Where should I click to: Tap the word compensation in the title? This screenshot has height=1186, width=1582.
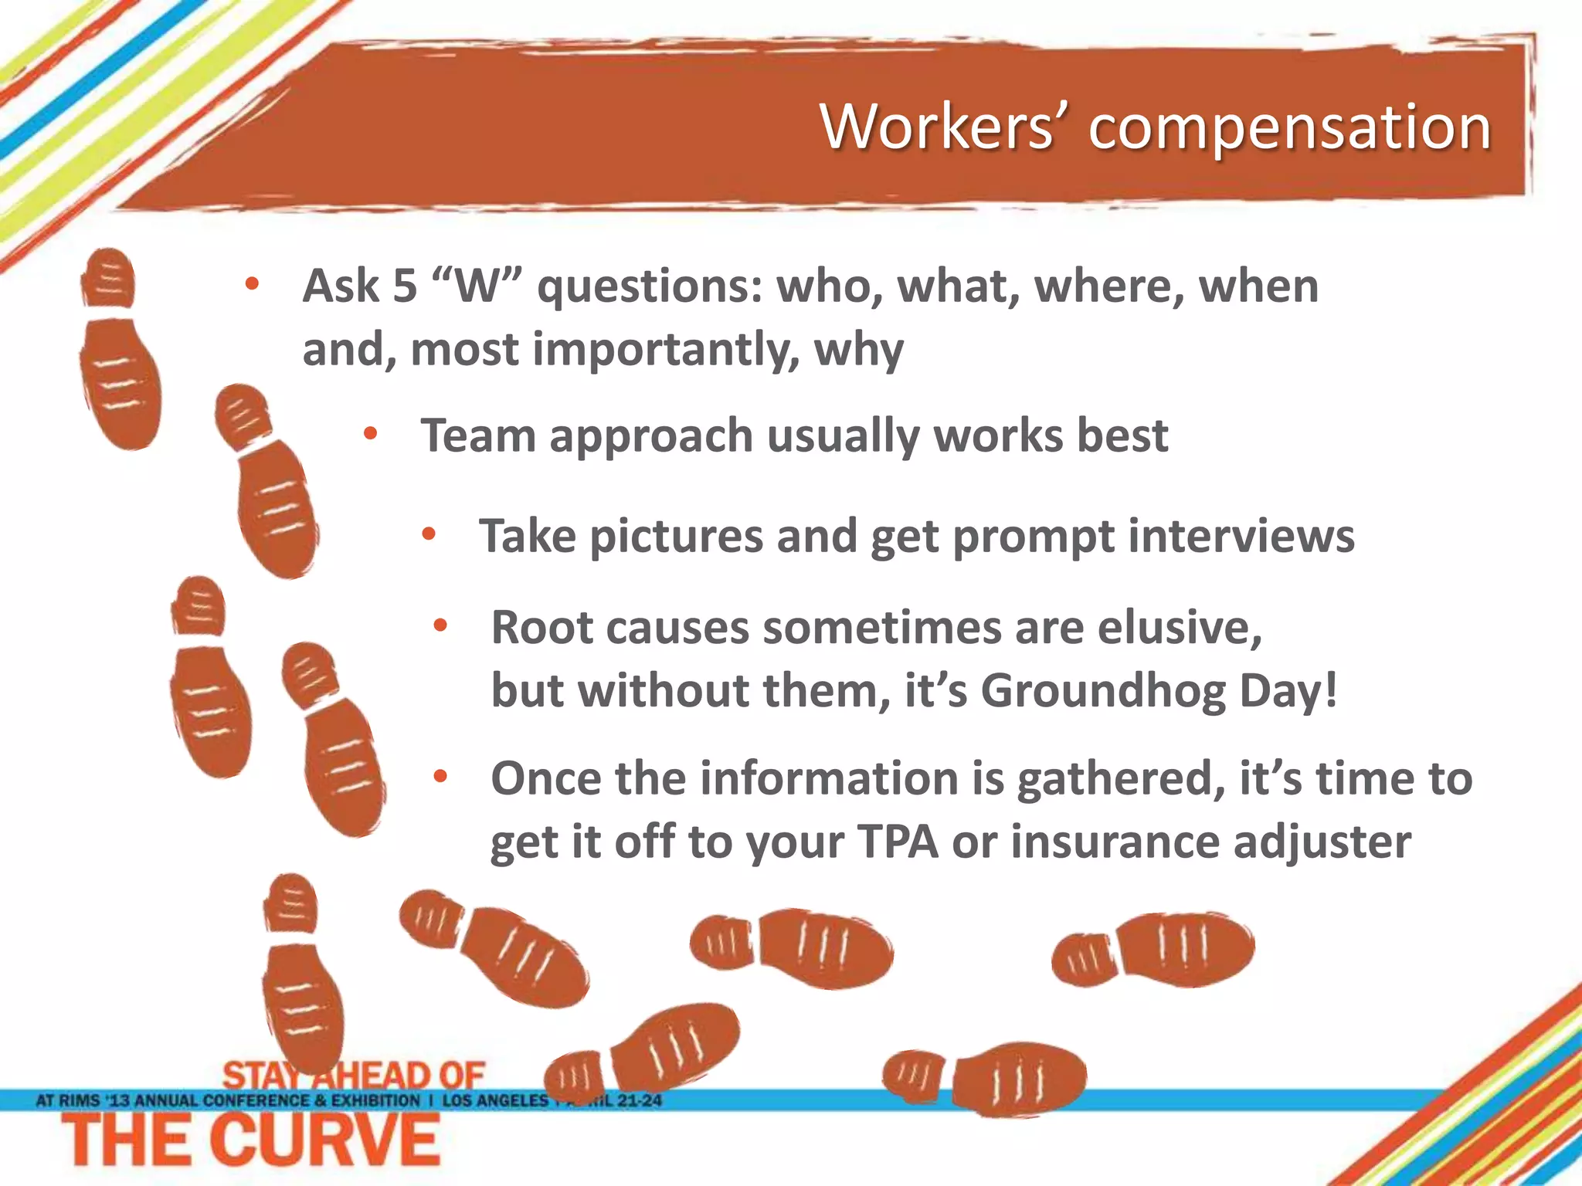(x=1289, y=128)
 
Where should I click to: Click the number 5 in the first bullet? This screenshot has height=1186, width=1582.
(x=405, y=286)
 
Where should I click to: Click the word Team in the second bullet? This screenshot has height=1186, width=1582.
(x=477, y=435)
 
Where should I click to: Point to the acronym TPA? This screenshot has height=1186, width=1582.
(x=898, y=841)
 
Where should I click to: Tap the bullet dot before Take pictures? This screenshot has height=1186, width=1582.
(x=429, y=534)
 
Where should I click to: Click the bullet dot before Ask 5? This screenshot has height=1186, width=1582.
(x=252, y=284)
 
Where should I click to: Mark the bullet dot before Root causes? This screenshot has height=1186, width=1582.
(x=440, y=625)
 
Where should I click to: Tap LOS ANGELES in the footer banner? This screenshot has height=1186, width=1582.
(x=495, y=1100)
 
